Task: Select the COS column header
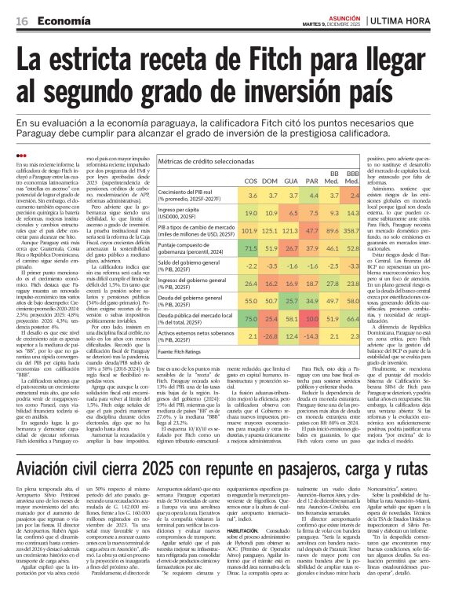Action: [x=251, y=181]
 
